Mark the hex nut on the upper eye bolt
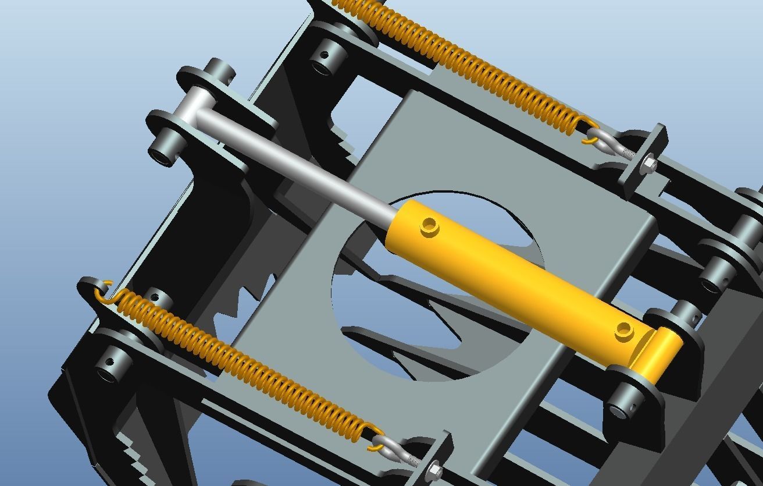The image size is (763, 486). click(x=650, y=165)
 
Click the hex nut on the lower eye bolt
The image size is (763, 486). click(x=433, y=470)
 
